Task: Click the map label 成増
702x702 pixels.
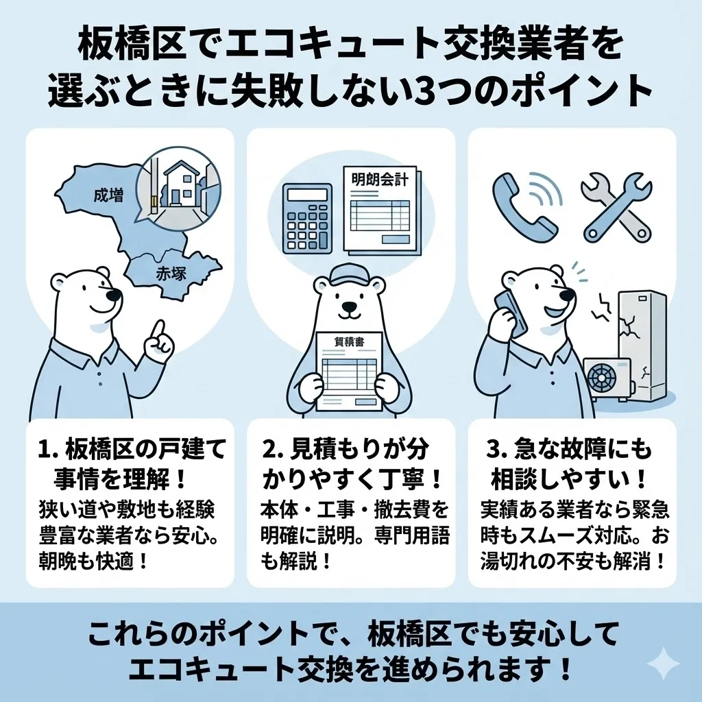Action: coord(109,196)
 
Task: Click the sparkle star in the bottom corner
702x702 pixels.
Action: coord(663,663)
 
